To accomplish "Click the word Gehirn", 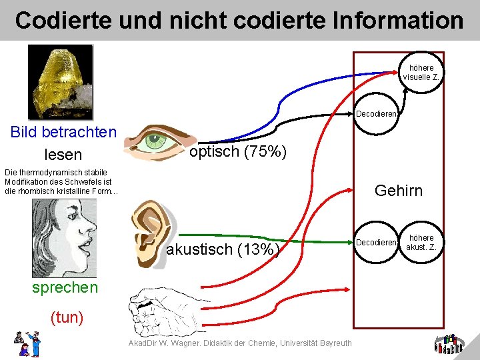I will (x=399, y=191).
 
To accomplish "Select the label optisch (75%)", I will (x=238, y=152).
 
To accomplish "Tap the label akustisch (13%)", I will (x=222, y=250).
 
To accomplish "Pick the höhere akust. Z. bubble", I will (x=421, y=243).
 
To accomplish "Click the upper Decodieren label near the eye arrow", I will (x=377, y=114).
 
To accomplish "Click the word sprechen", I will (x=65, y=287).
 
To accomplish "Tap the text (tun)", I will (x=67, y=317).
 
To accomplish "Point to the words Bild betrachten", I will (x=63, y=132).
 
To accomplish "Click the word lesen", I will (x=63, y=155).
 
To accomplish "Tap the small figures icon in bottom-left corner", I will (x=27, y=343).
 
